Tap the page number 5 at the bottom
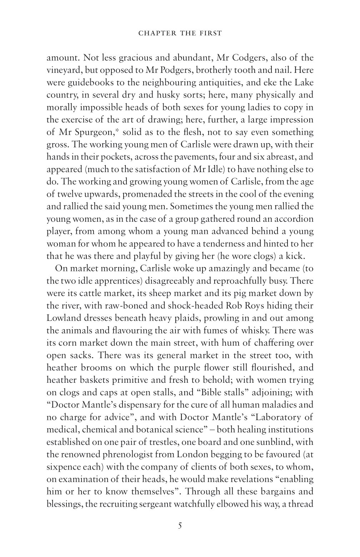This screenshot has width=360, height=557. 180,526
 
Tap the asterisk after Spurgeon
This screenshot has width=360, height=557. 115,131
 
